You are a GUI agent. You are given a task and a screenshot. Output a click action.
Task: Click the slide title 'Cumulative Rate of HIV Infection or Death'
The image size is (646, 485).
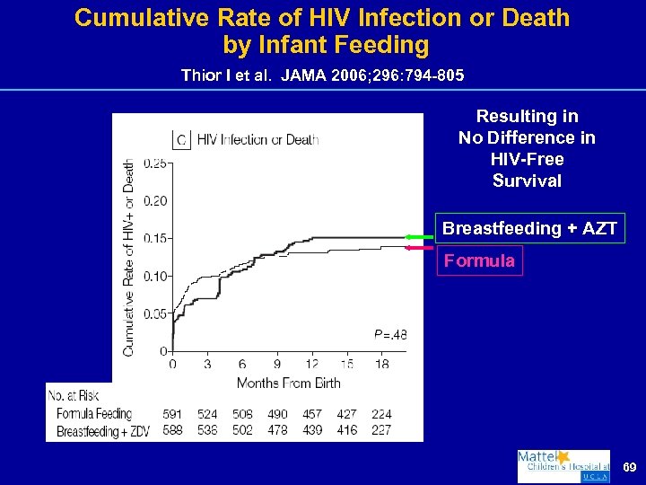coord(322,18)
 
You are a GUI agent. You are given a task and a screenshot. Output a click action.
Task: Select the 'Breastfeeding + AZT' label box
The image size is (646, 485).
coord(529,228)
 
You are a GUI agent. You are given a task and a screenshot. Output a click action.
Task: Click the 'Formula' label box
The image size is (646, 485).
coord(478,261)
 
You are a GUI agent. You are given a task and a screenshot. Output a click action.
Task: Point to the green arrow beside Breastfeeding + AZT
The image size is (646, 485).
coord(418,235)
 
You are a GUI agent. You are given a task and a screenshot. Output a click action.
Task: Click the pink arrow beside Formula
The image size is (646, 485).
coord(418,247)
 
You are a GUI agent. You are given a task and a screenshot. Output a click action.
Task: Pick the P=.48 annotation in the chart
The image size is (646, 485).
coord(390,335)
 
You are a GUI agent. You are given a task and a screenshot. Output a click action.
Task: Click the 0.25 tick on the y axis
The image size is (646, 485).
coord(154,163)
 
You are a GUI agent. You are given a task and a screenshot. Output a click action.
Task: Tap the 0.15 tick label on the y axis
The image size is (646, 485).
coord(154,238)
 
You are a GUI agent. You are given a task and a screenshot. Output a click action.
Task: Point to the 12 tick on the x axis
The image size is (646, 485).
coord(311,365)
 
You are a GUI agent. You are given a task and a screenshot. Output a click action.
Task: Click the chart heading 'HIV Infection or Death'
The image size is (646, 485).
coord(258,139)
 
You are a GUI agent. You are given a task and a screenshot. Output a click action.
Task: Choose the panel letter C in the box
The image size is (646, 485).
coord(181,139)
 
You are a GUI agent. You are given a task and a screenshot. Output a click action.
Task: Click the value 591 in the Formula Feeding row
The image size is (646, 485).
coord(172,414)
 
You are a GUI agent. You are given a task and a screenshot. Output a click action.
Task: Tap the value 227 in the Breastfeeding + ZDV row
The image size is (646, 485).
coord(380,429)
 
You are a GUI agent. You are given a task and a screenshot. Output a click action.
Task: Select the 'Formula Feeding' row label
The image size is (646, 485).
coord(93,414)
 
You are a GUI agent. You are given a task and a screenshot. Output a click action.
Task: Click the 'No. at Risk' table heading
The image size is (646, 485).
coord(75,396)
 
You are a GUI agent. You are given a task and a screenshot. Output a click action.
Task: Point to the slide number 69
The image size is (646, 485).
coord(630,468)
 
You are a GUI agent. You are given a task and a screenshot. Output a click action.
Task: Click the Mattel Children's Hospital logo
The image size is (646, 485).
coord(563,466)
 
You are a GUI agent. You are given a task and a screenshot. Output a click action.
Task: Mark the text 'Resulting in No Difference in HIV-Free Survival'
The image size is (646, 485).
coord(527,148)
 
